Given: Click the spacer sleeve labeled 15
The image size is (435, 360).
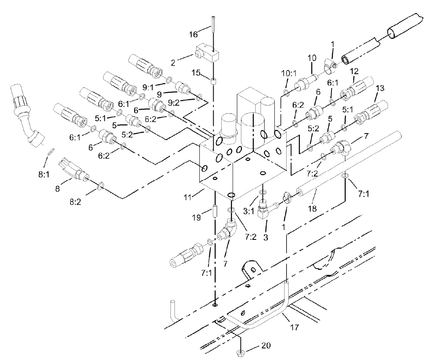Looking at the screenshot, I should (213, 80).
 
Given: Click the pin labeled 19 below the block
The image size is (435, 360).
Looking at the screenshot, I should (213, 213).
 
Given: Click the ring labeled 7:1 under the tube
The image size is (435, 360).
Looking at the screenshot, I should (345, 175).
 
